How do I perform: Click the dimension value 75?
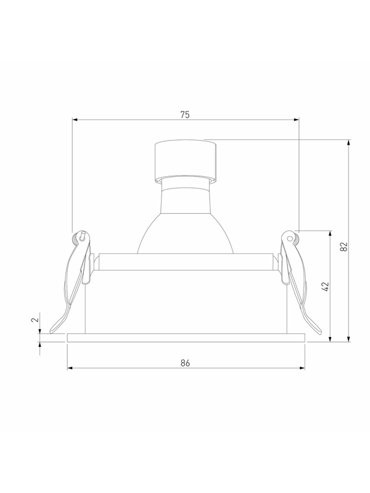point(185,115)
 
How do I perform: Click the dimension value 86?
point(186,363)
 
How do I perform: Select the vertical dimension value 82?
point(345,246)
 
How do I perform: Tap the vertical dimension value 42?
point(326,287)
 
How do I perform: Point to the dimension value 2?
point(35,319)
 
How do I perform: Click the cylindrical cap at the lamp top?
point(186,161)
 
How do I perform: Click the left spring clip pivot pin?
point(83,235)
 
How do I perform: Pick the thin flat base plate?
point(186,338)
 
